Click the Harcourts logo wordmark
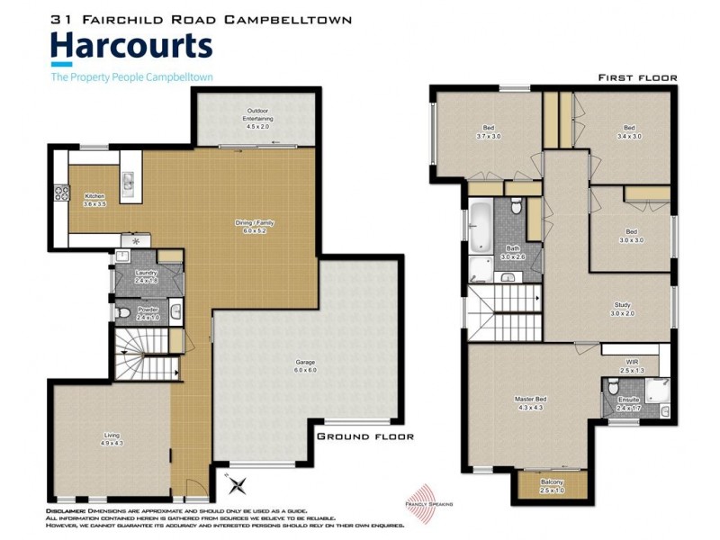[x=131, y=46]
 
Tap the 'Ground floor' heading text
[x=364, y=436]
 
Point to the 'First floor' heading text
[x=637, y=78]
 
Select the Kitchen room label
[x=95, y=200]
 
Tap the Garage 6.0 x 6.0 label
[x=305, y=366]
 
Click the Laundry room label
[x=147, y=276]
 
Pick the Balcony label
[x=553, y=485]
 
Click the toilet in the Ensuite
[x=612, y=389]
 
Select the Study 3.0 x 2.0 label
[x=623, y=309]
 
